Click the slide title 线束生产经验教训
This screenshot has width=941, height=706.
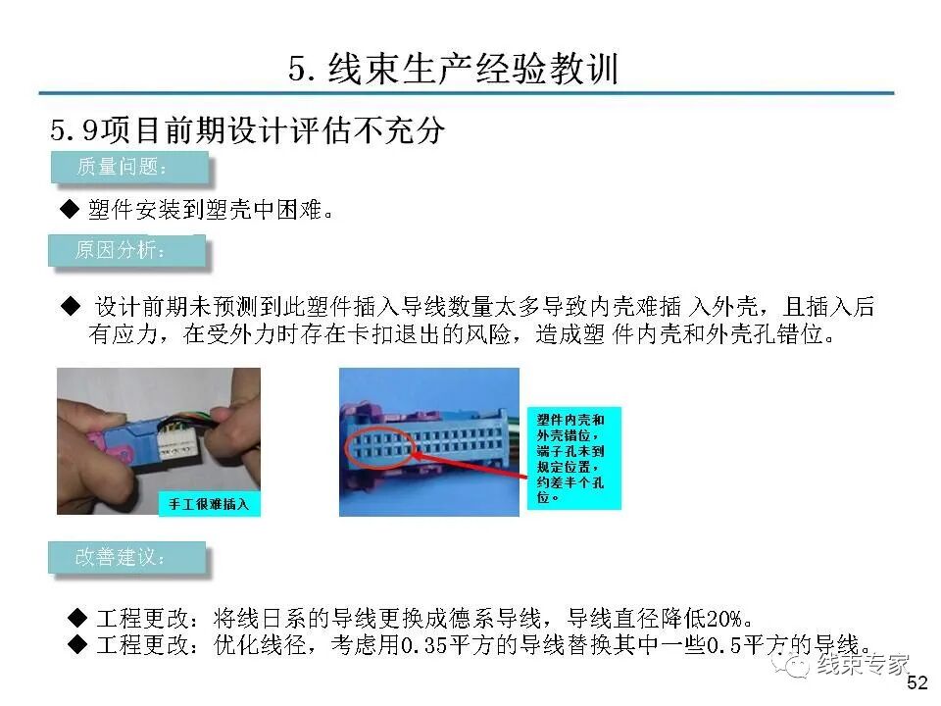(454, 69)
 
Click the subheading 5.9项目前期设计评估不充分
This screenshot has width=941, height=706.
(247, 130)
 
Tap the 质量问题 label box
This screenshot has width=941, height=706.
(129, 167)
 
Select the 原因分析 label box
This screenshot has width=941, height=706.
(126, 251)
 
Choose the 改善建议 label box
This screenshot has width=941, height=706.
(126, 558)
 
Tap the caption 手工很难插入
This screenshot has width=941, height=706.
(210, 504)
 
